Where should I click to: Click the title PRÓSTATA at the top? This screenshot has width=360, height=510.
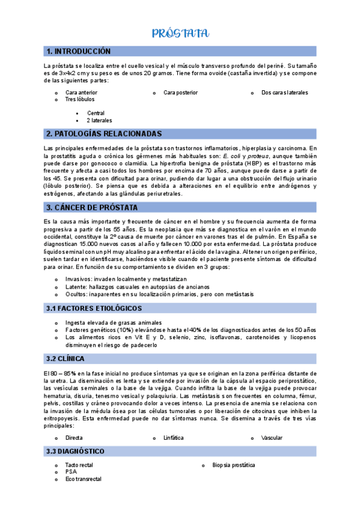pyautogui.click(x=180, y=33)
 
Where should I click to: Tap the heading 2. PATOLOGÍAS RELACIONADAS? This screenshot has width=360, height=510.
pyautogui.click(x=104, y=134)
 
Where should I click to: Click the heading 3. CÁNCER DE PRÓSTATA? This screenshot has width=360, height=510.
pyautogui.click(x=92, y=207)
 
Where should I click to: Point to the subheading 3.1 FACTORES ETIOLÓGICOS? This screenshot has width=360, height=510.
pyautogui.click(x=94, y=309)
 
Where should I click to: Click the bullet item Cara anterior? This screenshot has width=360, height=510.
pyautogui.click(x=81, y=93)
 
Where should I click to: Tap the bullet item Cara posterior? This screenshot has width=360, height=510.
pyautogui.click(x=180, y=93)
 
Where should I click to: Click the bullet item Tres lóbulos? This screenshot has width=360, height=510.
pyautogui.click(x=79, y=99)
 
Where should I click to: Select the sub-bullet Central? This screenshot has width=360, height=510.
pyautogui.click(x=96, y=113)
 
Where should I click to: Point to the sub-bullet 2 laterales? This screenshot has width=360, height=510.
pyautogui.click(x=99, y=120)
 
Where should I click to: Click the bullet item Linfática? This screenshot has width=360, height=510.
pyautogui.click(x=174, y=438)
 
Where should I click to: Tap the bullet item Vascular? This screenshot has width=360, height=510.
pyautogui.click(x=272, y=438)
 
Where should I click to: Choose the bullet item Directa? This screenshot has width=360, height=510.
pyautogui.click(x=75, y=438)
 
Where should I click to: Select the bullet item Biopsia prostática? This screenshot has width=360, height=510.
pyautogui.click(x=234, y=465)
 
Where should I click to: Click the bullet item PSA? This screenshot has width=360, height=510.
pyautogui.click(x=71, y=472)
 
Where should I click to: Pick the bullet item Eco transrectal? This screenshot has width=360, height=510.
pyautogui.click(x=84, y=479)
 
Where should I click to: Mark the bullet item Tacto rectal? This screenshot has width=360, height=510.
pyautogui.click(x=79, y=465)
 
